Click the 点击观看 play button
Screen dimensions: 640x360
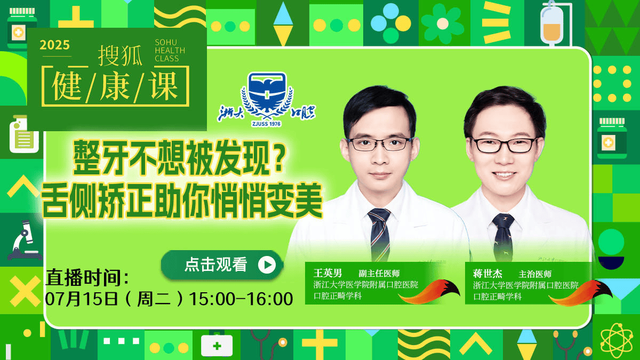coord(222,265)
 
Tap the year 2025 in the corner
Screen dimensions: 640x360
coord(54,45)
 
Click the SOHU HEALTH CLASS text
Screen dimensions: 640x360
coord(170,51)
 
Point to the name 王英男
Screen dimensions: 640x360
coord(327,273)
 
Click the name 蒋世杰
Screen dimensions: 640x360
coord(487,274)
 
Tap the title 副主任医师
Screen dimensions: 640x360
coord(379,274)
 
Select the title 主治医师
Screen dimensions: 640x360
coord(535,274)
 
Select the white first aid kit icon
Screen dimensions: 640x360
coord(217,346)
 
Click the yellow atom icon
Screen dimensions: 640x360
coord(617,341)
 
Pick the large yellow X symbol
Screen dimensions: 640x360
coord(25,291)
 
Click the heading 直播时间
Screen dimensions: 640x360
coord(87,277)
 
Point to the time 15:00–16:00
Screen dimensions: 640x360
coord(241,299)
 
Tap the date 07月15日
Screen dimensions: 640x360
coord(82,299)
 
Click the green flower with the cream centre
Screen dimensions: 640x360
coord(443,23)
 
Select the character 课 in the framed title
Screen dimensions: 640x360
coord(164,86)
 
